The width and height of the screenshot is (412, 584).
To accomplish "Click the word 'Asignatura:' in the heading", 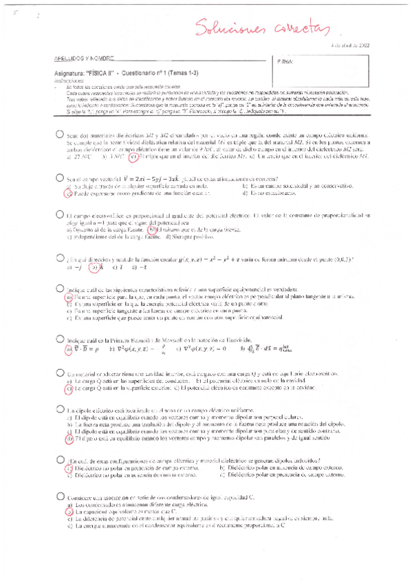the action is tap(70, 73).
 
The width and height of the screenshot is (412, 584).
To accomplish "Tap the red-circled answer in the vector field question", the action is tap(68, 194).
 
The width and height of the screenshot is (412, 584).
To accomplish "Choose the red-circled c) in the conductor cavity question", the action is tap(69, 388).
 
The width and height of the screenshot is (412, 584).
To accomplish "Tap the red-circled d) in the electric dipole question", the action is tap(69, 438).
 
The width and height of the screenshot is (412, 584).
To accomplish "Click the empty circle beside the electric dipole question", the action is tap(61, 409).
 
